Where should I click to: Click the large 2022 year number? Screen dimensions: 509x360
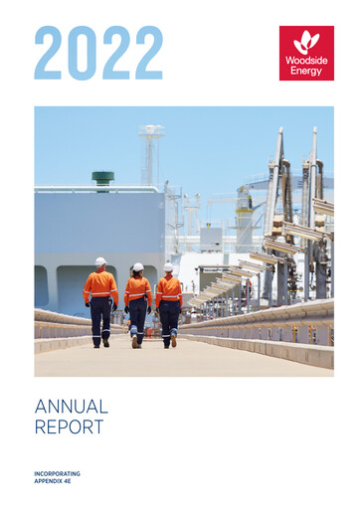point(97,53)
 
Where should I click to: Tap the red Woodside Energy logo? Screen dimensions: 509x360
point(305,53)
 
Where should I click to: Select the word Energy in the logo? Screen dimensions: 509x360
point(305,72)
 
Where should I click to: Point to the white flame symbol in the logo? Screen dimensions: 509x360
point(305,42)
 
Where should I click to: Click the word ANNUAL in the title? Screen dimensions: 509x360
point(71,407)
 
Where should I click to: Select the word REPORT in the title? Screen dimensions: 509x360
point(70,427)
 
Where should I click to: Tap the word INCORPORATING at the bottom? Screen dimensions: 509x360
point(57,473)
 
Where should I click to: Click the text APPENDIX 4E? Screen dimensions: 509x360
point(54,481)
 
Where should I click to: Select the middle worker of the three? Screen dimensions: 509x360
point(137,305)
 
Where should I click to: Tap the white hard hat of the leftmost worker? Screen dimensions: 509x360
point(100,261)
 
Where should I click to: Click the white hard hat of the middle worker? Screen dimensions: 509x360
point(138,267)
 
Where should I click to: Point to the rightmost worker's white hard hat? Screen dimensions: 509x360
point(168,267)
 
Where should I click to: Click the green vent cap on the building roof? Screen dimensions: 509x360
point(102,178)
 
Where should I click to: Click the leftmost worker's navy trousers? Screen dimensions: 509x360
point(101,321)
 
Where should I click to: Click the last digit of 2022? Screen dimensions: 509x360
point(147,53)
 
